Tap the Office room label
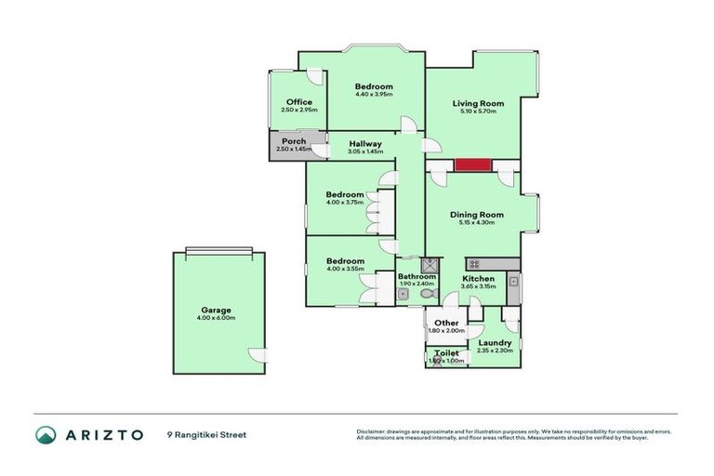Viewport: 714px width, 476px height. (x=298, y=102)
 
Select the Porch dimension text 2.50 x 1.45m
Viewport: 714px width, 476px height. (x=293, y=150)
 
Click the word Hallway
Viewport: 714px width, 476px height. (x=365, y=143)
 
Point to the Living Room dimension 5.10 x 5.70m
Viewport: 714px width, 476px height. (x=478, y=112)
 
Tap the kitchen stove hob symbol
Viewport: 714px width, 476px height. (x=472, y=264)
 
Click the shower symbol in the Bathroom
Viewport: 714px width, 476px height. (x=429, y=264)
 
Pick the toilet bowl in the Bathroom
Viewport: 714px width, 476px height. (x=427, y=294)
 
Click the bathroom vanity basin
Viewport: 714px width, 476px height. (x=403, y=295)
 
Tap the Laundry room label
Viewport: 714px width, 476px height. (x=494, y=342)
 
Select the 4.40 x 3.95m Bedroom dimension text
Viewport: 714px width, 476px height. (x=374, y=94)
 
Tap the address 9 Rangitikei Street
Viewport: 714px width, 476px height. (x=207, y=434)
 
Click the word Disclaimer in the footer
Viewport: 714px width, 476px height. (x=372, y=430)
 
